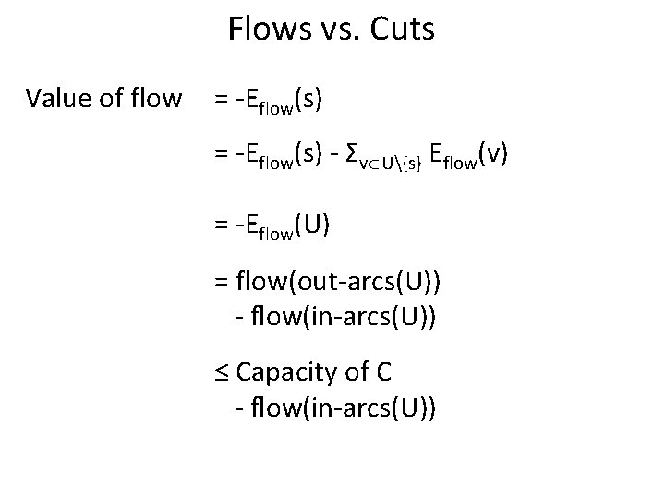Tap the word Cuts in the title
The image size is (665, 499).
400,30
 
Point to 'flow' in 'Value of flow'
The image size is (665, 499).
154,97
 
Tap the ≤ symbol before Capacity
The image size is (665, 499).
223,372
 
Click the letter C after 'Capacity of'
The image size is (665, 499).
384,372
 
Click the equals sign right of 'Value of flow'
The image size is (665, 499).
222,97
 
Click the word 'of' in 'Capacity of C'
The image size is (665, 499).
357,372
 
